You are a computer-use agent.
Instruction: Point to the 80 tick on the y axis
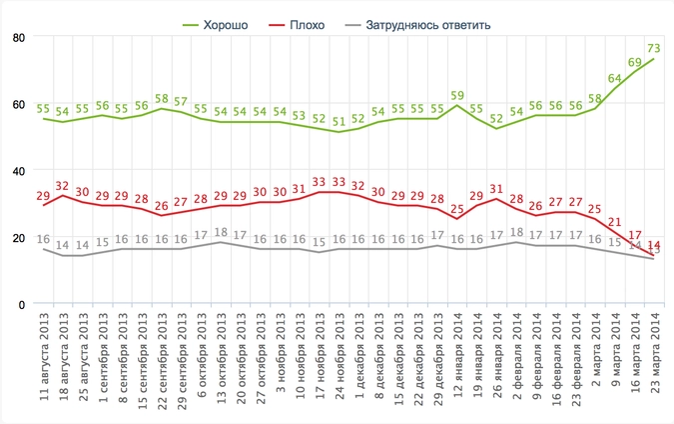[18, 38]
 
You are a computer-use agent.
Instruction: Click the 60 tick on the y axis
[18, 104]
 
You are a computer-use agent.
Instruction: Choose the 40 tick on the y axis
[18, 171]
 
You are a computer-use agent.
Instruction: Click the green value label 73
[654, 48]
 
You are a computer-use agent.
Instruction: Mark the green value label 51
[339, 122]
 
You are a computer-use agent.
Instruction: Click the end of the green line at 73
[653, 59]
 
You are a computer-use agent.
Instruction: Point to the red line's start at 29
[44, 205]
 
